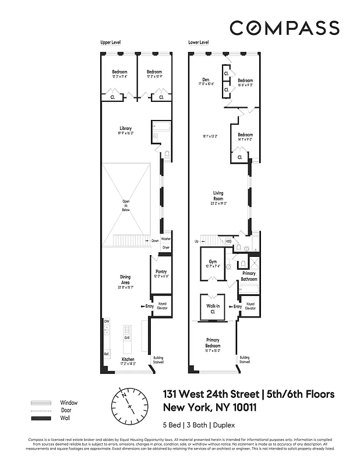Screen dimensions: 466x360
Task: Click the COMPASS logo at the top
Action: click(284, 27)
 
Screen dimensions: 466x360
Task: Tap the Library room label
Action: click(125, 128)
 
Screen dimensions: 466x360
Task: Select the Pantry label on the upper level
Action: click(161, 271)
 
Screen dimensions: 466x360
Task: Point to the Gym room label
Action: click(212, 262)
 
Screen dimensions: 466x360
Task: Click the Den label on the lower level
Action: click(206, 80)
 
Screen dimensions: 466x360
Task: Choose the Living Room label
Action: click(218, 196)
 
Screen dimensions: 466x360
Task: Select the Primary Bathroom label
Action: click(249, 276)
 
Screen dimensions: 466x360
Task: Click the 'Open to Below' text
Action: click(125, 205)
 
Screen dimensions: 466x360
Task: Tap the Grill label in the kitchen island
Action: click(126, 337)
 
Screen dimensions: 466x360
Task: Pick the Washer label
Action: click(165, 239)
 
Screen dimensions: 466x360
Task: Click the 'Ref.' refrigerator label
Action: click(107, 354)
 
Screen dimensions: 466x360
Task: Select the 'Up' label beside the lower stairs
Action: click(196, 241)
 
